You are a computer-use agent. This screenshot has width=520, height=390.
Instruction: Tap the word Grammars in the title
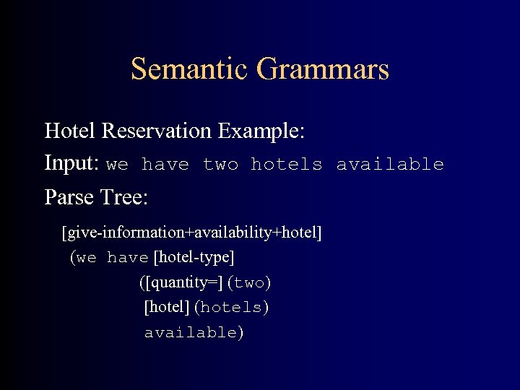(x=323, y=69)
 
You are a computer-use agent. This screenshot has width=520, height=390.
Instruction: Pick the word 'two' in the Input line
(x=220, y=165)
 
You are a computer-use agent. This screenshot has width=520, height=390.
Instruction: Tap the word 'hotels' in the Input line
(x=286, y=165)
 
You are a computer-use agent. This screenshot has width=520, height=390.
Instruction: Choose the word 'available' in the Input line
(x=390, y=165)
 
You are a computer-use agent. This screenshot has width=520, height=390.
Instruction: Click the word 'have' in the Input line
(x=165, y=165)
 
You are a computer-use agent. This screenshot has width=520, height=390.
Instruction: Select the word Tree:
(x=123, y=196)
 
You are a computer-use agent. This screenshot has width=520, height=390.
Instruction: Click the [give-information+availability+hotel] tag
(x=192, y=233)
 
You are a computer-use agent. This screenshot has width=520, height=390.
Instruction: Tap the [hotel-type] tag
(x=194, y=257)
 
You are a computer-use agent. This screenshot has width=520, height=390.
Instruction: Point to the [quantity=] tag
(x=181, y=282)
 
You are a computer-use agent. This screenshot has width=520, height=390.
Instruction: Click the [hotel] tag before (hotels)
(x=167, y=307)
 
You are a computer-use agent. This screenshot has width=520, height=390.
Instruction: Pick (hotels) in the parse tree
(x=232, y=308)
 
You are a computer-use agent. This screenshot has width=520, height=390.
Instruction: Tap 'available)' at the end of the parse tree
(x=194, y=333)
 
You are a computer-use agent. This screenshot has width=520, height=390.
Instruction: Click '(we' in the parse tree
(x=83, y=258)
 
